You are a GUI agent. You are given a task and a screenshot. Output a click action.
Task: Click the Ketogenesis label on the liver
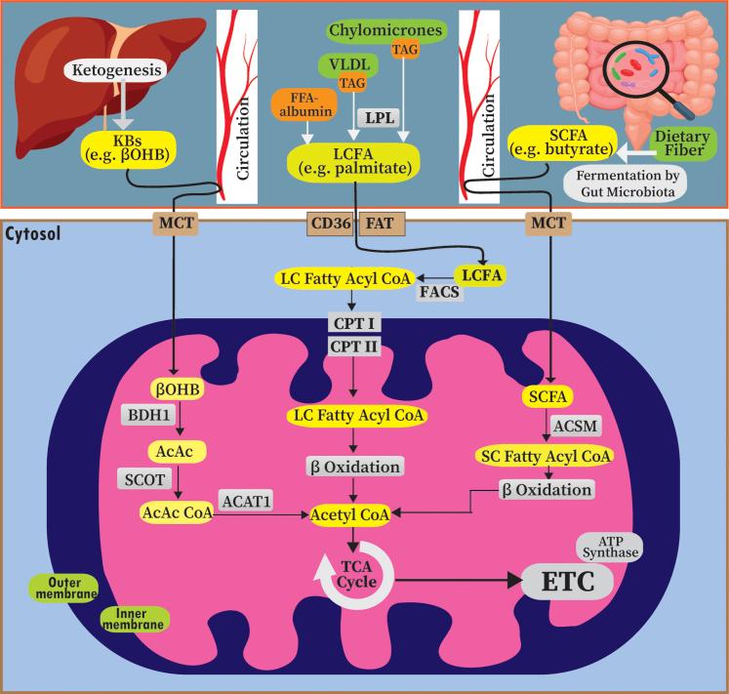113,69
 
